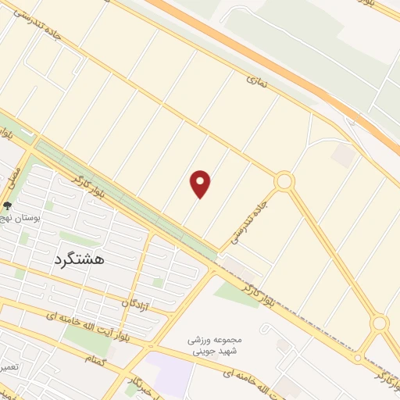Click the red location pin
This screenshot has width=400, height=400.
click(201, 183)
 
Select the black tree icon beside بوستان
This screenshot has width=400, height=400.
click(8, 207)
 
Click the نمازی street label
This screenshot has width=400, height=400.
click(257, 80)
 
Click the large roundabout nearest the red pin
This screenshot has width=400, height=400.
click(284, 182)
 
